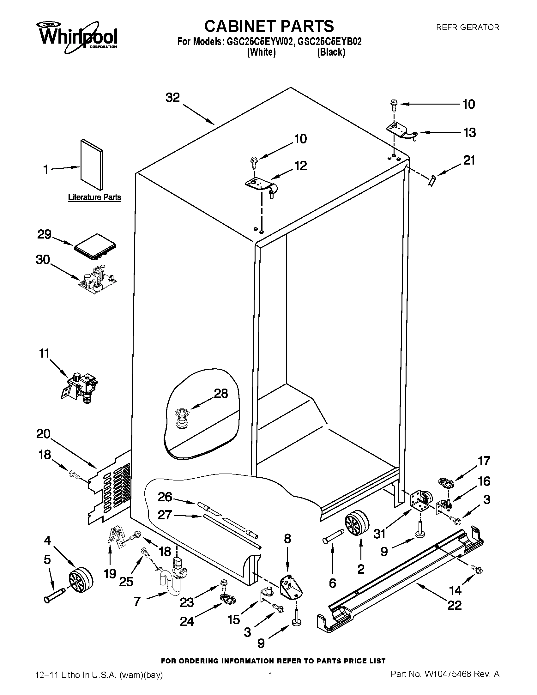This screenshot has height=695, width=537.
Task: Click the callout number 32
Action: click(173, 98)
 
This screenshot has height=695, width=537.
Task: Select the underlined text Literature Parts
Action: click(95, 197)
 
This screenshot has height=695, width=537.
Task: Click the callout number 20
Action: click(44, 434)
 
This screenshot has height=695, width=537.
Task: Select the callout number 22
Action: click(455, 605)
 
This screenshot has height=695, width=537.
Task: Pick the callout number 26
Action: click(165, 497)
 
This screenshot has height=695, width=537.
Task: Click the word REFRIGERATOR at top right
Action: click(467, 28)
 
